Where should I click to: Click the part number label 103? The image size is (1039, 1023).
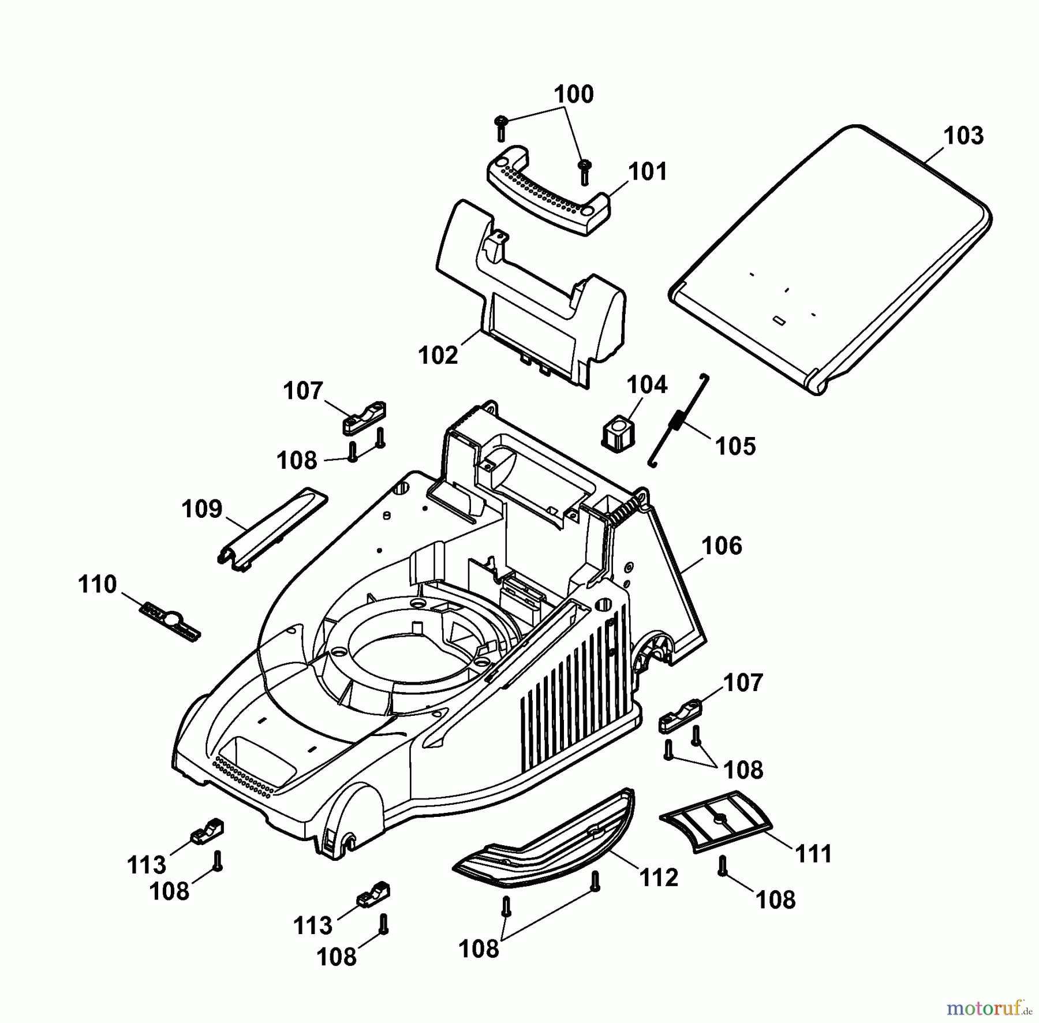(x=963, y=136)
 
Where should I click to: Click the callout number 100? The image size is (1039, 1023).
(x=574, y=95)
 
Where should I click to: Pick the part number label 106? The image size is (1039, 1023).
(x=722, y=546)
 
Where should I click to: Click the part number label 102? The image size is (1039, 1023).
(x=438, y=355)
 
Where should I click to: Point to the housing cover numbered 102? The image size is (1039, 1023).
(x=531, y=289)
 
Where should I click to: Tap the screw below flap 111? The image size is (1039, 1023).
(x=722, y=867)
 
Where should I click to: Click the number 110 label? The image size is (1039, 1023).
(x=97, y=584)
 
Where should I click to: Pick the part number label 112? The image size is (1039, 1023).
(x=659, y=878)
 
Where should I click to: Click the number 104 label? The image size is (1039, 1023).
(x=646, y=384)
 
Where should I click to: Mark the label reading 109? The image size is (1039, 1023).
(x=201, y=509)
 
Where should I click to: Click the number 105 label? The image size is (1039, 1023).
(x=735, y=446)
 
